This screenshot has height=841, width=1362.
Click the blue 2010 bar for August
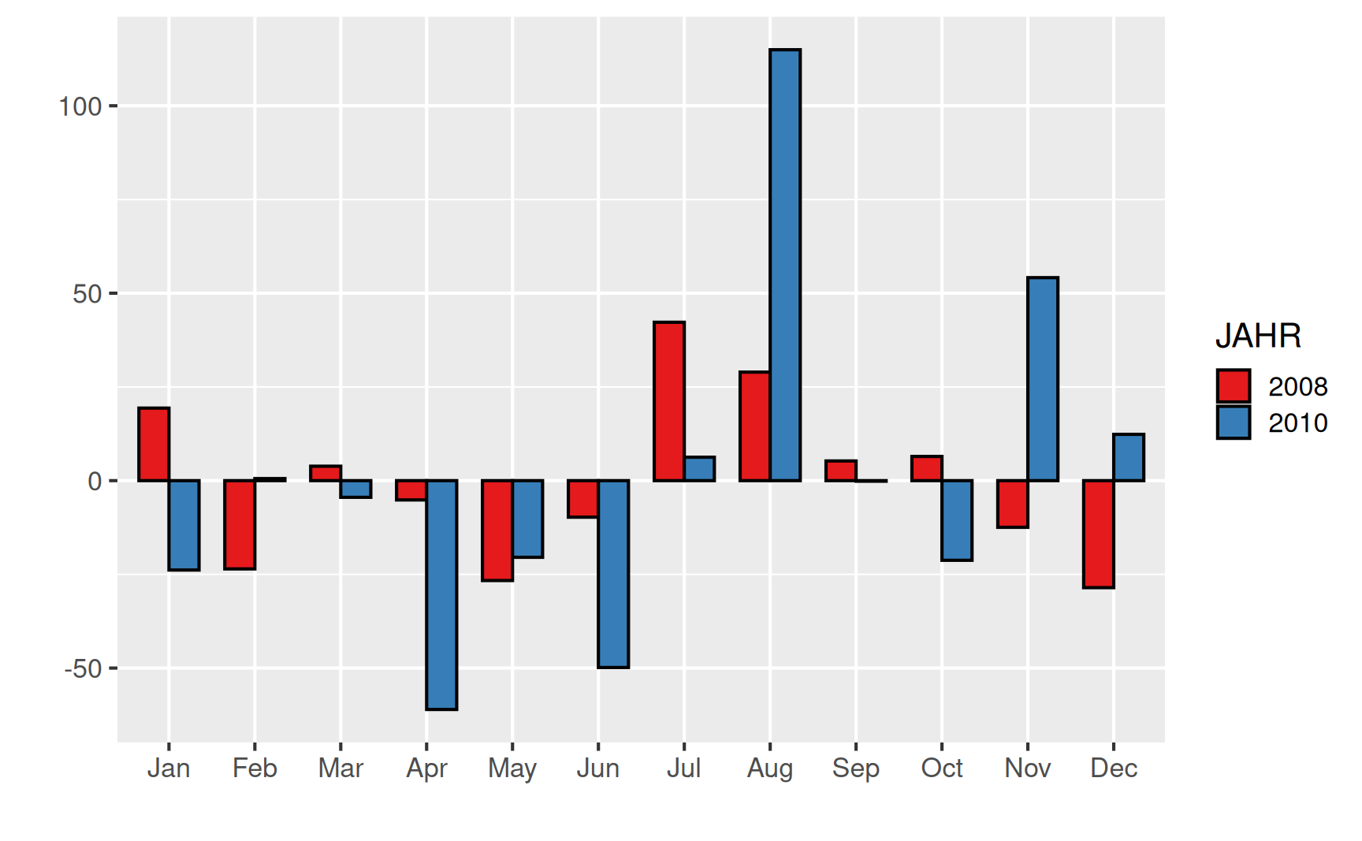point(785,265)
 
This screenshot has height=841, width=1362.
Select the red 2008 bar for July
point(669,401)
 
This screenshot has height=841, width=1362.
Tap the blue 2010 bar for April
point(441,594)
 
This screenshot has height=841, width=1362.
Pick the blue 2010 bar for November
point(1043,379)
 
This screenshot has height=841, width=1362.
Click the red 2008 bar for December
point(1098,534)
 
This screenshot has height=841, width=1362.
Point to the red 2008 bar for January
point(154,445)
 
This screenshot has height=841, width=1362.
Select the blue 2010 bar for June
point(613,574)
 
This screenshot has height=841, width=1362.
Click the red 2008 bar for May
point(497,530)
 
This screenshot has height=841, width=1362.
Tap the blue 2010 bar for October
point(957,520)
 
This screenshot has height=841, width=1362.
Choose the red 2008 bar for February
point(240,524)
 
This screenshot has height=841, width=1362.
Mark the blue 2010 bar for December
point(1129,457)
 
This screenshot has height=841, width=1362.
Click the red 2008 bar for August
point(755,426)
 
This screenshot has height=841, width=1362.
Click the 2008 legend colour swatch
point(1233,386)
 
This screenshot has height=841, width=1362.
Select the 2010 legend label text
point(1297,423)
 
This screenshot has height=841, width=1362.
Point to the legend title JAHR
point(1258,336)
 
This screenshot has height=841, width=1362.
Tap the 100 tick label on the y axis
point(80,106)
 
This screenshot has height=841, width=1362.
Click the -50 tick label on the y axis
point(84,669)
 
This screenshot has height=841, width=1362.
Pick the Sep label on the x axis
point(855,768)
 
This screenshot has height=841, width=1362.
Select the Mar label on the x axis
point(340,768)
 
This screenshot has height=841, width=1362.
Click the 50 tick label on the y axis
point(87,294)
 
